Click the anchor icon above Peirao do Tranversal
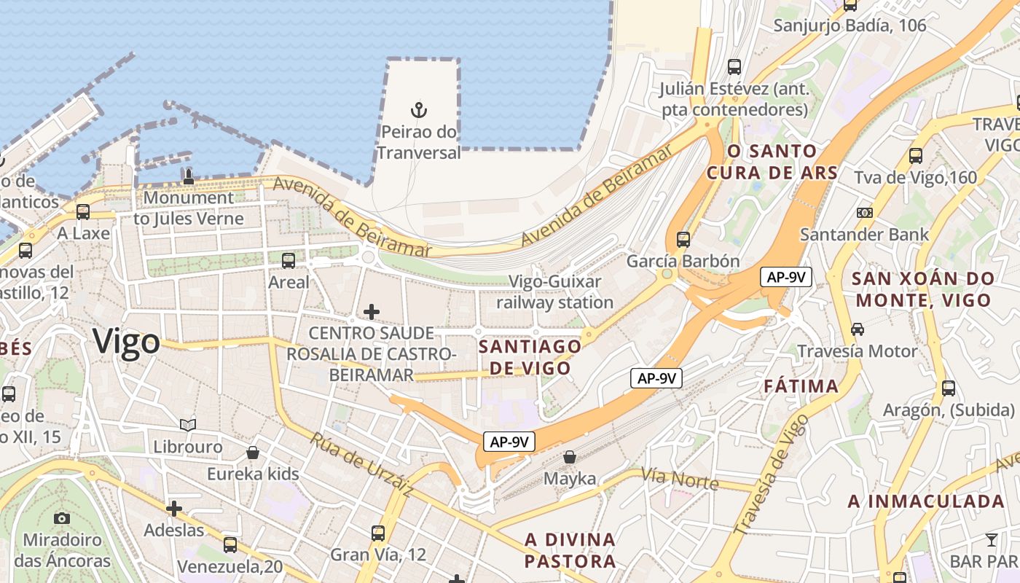click(418, 110)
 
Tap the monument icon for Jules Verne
click(189, 176)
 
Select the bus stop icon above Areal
click(289, 260)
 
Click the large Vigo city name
click(126, 341)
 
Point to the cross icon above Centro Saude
click(372, 312)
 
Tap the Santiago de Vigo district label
click(530, 357)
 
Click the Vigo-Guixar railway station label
click(554, 291)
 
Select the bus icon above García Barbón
click(683, 239)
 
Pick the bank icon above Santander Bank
click(865, 213)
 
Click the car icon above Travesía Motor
click(858, 329)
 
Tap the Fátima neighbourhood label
click(801, 386)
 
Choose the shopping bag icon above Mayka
click(570, 457)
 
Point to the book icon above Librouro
click(188, 424)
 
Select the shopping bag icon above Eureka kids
click(253, 453)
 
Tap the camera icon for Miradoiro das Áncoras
click(62, 518)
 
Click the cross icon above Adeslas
click(174, 508)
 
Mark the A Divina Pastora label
click(570, 550)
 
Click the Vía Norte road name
click(680, 479)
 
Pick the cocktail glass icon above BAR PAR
click(991, 540)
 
